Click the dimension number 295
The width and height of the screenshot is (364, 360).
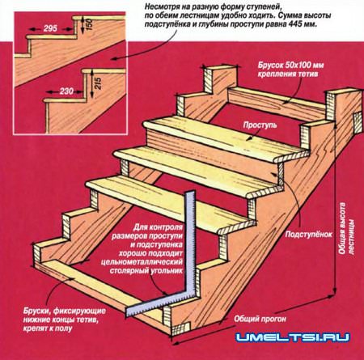click(x=50, y=28)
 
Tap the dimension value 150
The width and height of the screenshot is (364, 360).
click(x=90, y=23)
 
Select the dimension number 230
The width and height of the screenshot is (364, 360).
click(x=66, y=91)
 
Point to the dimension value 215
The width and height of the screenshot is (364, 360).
click(x=97, y=83)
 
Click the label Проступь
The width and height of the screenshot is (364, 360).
click(x=260, y=125)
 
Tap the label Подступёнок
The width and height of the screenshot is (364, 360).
click(x=309, y=234)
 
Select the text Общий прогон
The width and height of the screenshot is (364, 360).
click(x=260, y=319)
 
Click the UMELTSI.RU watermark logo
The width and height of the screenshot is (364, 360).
click(x=292, y=337)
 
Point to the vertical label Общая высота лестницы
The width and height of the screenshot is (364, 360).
click(x=346, y=228)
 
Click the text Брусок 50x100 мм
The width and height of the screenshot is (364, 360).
click(x=291, y=66)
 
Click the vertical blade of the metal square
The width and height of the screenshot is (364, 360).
click(x=190, y=243)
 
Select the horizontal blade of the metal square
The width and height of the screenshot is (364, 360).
click(x=159, y=303)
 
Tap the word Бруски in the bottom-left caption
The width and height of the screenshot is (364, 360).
click(x=36, y=311)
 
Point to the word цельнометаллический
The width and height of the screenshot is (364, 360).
click(x=142, y=262)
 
